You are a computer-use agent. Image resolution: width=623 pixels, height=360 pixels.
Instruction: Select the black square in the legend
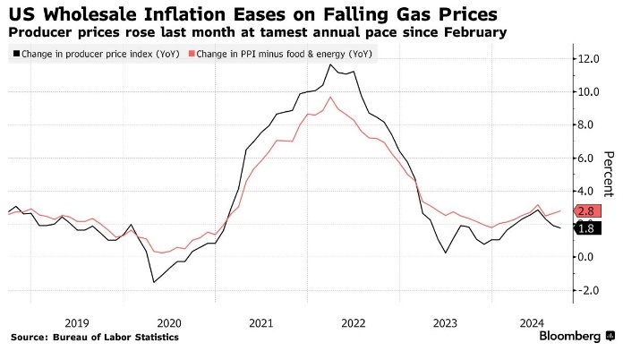[15, 55]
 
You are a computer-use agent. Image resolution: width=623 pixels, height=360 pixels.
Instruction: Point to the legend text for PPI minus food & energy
[283, 55]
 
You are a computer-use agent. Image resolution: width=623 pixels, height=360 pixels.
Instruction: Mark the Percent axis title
[608, 174]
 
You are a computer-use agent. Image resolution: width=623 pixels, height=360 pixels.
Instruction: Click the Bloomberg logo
[569, 337]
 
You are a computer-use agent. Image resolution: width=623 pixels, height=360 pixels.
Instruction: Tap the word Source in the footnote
[29, 338]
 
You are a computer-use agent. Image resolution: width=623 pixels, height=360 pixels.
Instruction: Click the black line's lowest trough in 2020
[153, 283]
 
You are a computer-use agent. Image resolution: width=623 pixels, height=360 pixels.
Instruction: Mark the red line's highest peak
[331, 97]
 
